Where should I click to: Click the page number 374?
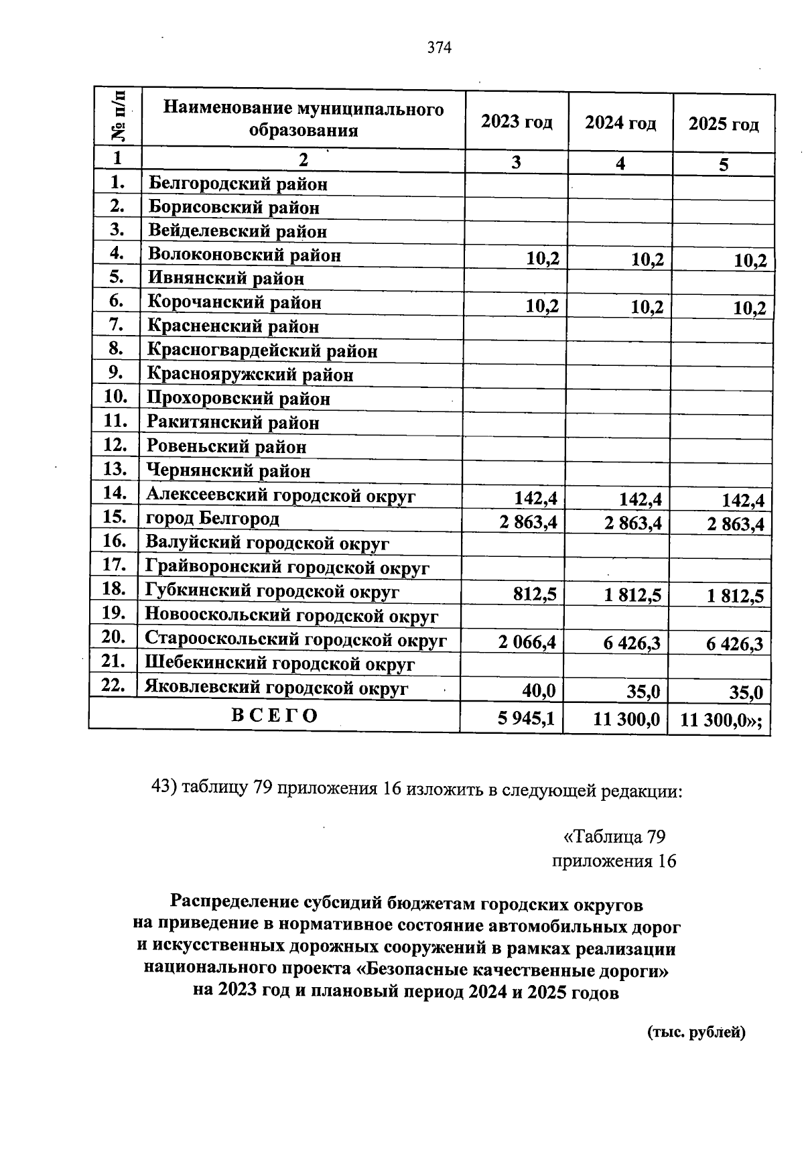tap(440, 48)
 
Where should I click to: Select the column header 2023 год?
tap(517, 122)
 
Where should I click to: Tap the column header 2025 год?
tap(724, 125)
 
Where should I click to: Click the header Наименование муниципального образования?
tap(304, 119)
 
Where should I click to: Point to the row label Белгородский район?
tap(238, 183)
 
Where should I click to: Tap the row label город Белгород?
tap(213, 518)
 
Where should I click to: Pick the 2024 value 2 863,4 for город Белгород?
tap(632, 523)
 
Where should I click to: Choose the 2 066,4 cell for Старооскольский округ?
tap(527, 643)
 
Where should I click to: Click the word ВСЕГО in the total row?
tap(275, 715)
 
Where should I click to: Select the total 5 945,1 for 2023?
tap(526, 718)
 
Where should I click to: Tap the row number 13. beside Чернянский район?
tap(116, 468)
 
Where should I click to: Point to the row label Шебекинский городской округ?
tap(280, 663)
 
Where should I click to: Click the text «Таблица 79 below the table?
tap(614, 836)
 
